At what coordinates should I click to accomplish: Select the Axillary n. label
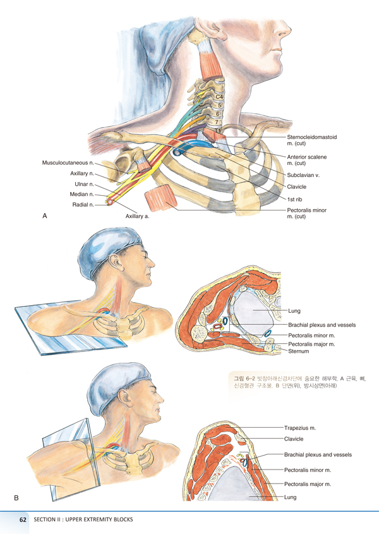click(x=82, y=173)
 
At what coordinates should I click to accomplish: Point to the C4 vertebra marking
click(x=219, y=96)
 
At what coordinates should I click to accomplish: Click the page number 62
click(x=23, y=520)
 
